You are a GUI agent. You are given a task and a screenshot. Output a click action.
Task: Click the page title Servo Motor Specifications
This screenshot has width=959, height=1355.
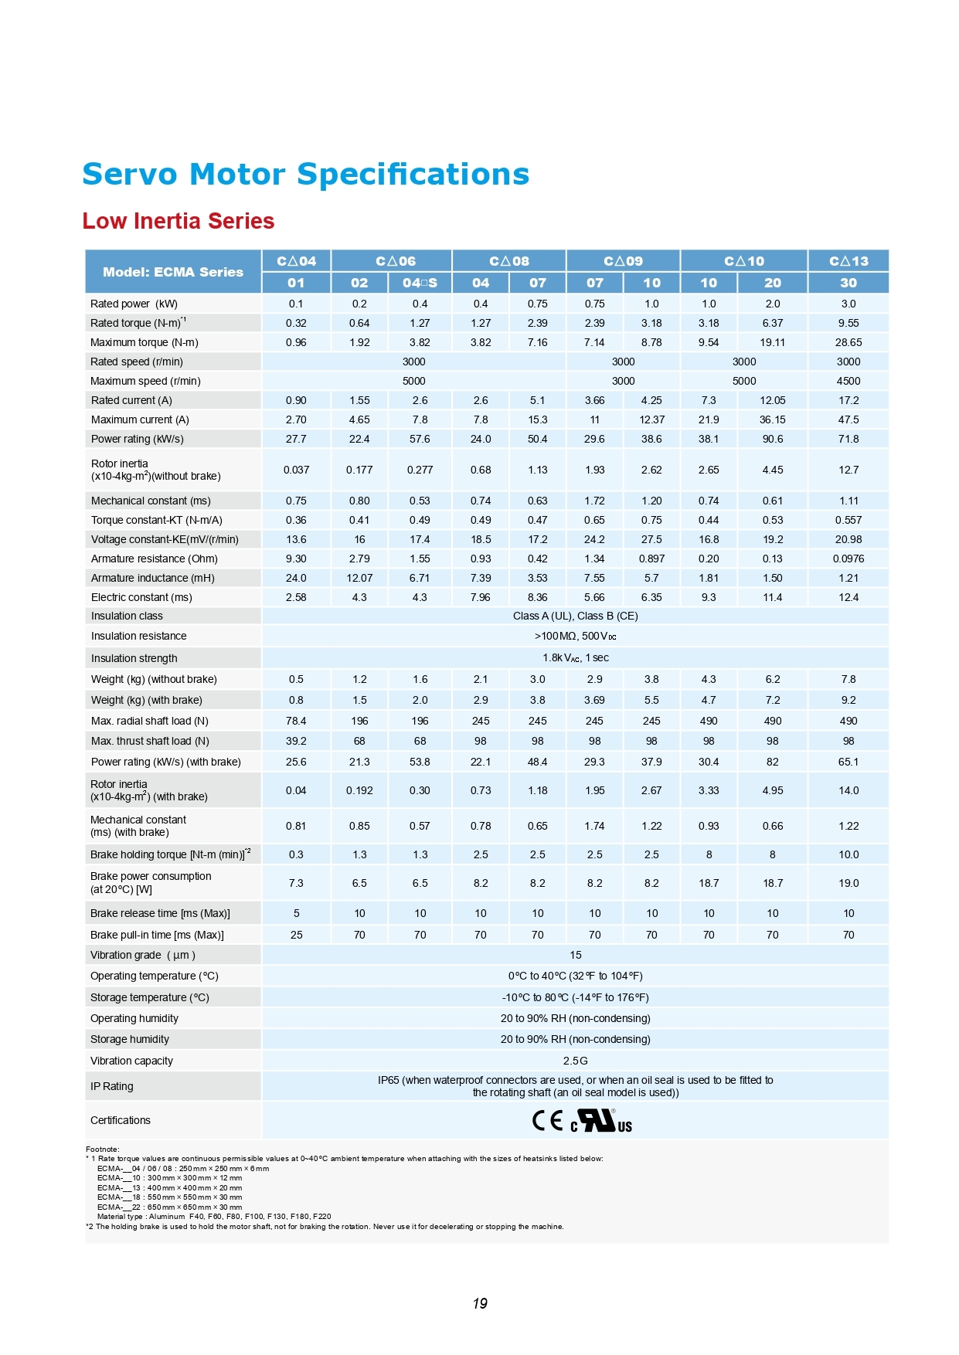tap(305, 175)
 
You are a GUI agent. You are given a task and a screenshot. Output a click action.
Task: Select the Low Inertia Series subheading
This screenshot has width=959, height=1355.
tap(179, 222)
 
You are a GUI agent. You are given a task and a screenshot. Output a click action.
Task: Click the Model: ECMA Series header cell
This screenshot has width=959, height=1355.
tap(173, 272)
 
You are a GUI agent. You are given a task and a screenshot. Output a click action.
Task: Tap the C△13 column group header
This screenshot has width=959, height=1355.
tap(848, 261)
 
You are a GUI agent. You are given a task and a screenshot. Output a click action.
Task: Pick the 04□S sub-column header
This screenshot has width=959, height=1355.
tap(420, 283)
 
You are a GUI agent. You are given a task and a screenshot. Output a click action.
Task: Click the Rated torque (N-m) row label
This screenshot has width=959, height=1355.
tap(138, 323)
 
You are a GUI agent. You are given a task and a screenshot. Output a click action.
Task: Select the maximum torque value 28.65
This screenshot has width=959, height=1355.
tap(848, 342)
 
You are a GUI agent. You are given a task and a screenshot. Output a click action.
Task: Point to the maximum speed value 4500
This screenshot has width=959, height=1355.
tap(848, 381)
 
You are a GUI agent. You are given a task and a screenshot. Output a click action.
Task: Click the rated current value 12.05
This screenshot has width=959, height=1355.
tap(772, 400)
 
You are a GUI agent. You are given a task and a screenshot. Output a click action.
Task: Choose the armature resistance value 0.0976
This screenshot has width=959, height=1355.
tap(848, 559)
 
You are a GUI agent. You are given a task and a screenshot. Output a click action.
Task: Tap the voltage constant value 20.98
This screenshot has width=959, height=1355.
tap(848, 539)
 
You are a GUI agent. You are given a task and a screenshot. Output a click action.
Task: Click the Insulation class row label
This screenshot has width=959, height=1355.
tap(127, 616)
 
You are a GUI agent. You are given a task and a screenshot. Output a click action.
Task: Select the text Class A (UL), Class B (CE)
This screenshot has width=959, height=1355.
tap(575, 616)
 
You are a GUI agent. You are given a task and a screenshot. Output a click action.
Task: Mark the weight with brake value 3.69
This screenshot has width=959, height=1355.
tap(594, 700)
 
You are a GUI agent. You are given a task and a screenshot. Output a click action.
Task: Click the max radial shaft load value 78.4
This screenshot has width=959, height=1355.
tap(296, 721)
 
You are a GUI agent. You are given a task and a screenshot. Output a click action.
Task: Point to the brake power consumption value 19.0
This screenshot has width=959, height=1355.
tap(848, 883)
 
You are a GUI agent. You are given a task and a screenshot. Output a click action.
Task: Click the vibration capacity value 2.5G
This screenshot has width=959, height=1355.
tap(575, 1061)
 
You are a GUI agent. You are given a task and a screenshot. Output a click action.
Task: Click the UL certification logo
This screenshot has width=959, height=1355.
tap(602, 1121)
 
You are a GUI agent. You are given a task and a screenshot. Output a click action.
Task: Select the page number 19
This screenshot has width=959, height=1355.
tap(480, 1304)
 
